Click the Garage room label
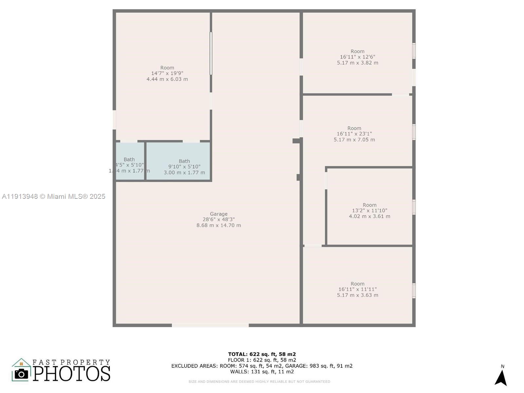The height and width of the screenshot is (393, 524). point(218,214)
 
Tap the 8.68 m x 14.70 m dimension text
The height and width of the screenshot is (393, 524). point(218,225)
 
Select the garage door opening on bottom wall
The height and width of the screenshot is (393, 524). point(210,325)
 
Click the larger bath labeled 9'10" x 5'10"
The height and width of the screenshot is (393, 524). point(184,167)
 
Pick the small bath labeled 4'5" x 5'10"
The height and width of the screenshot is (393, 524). point(129,165)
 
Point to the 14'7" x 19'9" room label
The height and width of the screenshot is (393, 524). point(167,73)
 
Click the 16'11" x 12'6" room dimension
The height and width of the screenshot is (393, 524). point(357,57)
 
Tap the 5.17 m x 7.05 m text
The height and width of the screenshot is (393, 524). point(354,140)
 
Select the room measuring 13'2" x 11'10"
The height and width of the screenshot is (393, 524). point(369,211)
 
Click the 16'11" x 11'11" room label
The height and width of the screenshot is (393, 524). point(357,289)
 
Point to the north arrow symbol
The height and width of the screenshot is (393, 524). point(501,377)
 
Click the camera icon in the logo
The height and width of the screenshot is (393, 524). point(22,374)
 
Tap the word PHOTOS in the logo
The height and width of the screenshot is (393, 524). point(71,373)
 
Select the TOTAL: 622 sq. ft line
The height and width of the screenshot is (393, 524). point(262,354)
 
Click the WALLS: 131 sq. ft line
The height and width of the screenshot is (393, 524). point(262,372)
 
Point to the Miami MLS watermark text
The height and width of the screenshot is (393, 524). point(54,196)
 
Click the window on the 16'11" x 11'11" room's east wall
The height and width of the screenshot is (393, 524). point(414,291)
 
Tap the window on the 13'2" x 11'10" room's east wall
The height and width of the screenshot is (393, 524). point(414,207)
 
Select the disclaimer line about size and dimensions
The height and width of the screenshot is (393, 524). point(259,382)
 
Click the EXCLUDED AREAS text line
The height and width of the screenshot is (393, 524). point(262,366)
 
